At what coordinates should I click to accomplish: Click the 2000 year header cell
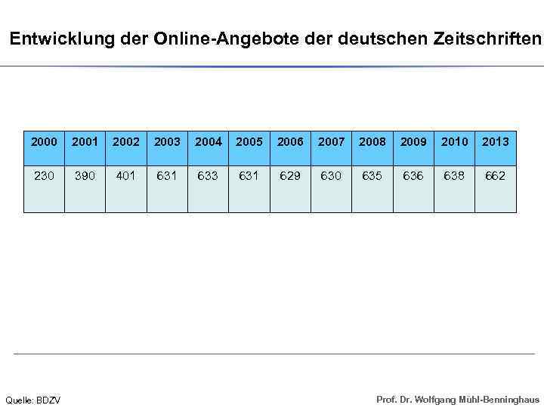(44, 141)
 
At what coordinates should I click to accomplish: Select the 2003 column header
(167, 141)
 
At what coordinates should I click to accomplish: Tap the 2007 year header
(331, 141)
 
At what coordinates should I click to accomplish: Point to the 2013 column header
(495, 141)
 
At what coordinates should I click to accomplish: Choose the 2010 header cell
(454, 141)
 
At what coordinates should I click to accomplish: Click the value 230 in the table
(44, 175)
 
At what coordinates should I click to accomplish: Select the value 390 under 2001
(85, 175)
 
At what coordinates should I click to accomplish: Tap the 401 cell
(125, 175)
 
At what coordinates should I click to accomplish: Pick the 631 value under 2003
(167, 175)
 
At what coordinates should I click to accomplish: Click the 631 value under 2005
(249, 175)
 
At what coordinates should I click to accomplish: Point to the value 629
(290, 175)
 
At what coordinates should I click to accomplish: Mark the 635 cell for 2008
(372, 175)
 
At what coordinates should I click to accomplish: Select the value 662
(495, 175)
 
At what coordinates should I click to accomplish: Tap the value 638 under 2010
(454, 175)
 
